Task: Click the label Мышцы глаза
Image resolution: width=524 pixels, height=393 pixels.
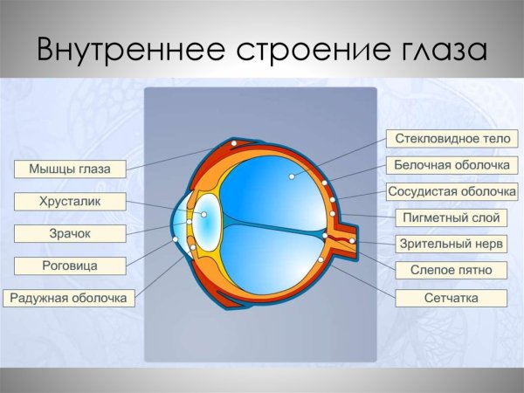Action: pyautogui.click(x=70, y=169)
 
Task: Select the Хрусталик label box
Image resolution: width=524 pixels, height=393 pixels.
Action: pyautogui.click(x=70, y=202)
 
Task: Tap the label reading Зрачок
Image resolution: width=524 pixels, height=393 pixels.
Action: pyautogui.click(x=70, y=233)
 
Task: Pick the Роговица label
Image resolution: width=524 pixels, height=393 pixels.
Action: pyautogui.click(x=70, y=265)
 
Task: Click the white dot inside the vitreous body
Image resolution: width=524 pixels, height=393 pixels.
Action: pyautogui.click(x=290, y=176)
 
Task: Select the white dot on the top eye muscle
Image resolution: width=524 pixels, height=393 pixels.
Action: pyautogui.click(x=234, y=142)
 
